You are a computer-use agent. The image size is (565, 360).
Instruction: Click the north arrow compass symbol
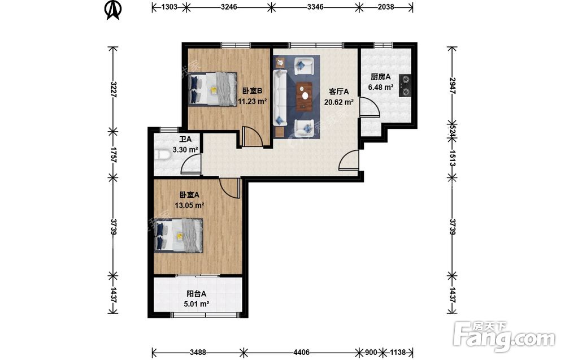point(113,10)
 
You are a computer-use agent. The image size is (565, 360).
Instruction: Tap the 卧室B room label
point(252,91)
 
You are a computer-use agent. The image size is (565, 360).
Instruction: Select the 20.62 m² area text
point(338,102)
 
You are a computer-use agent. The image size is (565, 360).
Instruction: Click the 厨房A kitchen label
point(380,77)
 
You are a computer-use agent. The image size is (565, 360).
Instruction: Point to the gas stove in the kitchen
point(405,86)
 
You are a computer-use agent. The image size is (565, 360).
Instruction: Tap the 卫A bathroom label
point(185,139)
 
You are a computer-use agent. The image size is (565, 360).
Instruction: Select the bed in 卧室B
point(212,89)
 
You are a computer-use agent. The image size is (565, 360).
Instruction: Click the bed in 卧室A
point(179,236)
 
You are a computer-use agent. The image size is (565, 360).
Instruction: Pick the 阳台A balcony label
point(197,294)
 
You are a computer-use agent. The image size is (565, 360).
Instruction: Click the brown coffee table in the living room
point(305,96)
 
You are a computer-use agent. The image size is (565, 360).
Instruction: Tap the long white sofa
point(280,98)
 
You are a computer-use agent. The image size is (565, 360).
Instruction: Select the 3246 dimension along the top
point(229,6)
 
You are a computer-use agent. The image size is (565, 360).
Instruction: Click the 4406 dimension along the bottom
point(301,352)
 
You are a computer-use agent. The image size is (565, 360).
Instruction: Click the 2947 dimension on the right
point(453,86)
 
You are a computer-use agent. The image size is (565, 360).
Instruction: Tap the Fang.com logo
point(504,337)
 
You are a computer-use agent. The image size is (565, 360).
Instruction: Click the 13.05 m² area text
point(189,206)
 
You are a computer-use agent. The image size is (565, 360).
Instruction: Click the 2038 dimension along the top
point(386,6)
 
